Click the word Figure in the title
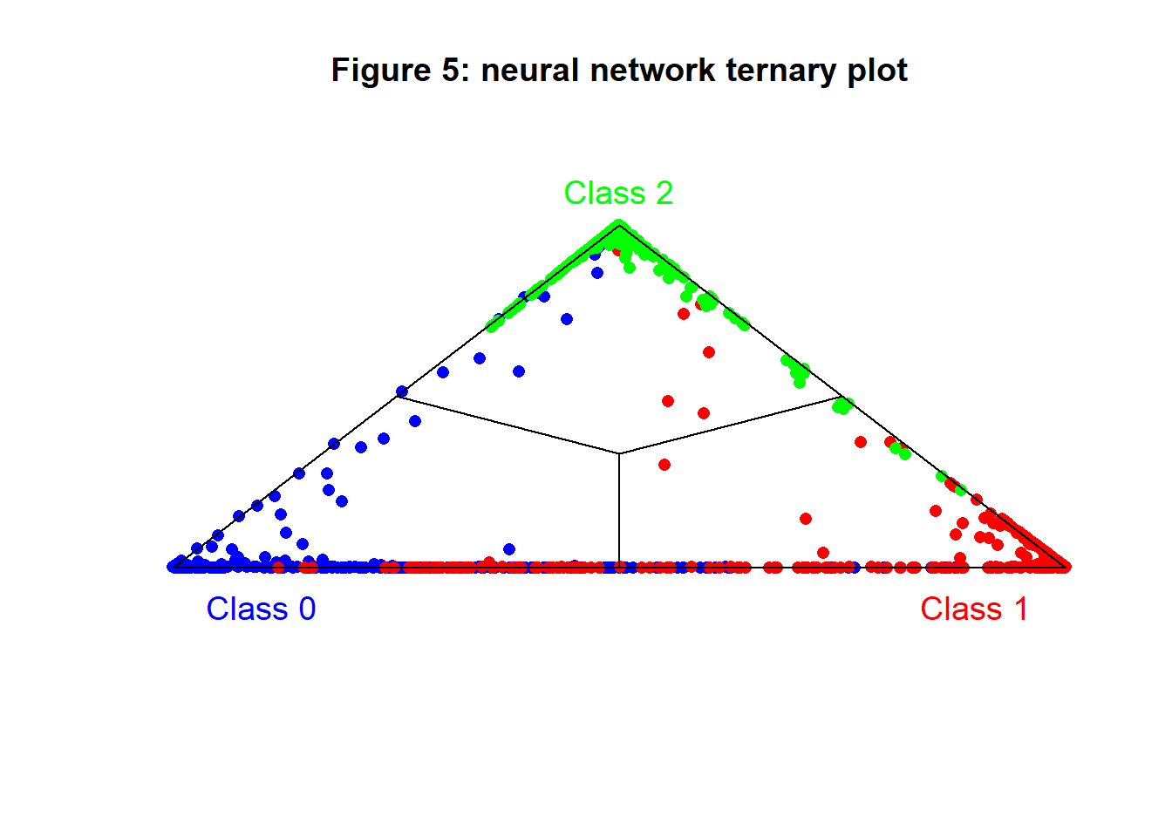[x=380, y=71]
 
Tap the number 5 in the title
[x=450, y=71]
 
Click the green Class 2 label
[x=618, y=193]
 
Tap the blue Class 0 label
[x=261, y=609]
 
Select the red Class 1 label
[x=974, y=609]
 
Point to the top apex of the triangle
[x=619, y=226]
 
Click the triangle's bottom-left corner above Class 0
[x=173, y=567]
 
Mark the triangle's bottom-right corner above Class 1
[x=1066, y=567]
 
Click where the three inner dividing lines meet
[x=619, y=453]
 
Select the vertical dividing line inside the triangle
[x=619, y=510]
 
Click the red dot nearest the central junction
[x=664, y=465]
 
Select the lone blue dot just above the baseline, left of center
[x=509, y=549]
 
